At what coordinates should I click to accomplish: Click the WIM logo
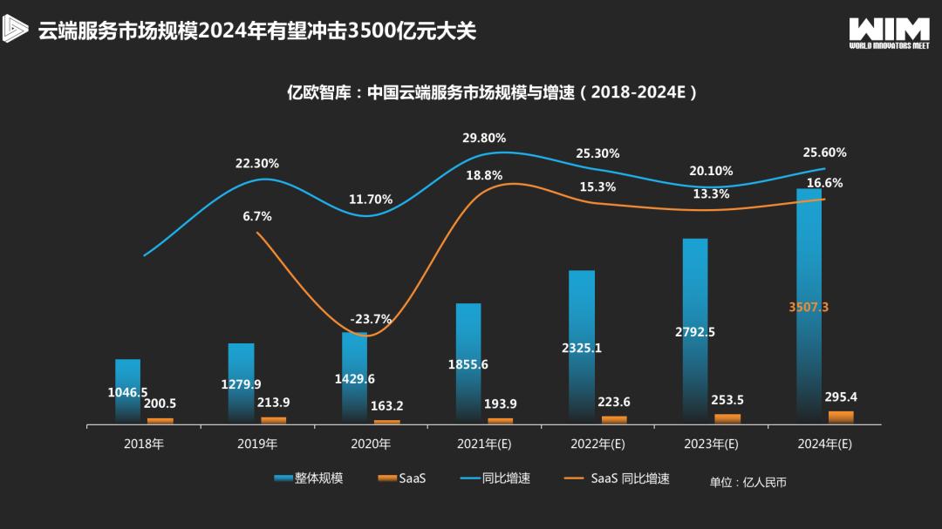(889, 31)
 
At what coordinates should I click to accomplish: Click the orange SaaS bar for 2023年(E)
(727, 418)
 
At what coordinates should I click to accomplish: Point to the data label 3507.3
(808, 307)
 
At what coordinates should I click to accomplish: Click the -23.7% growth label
(371, 319)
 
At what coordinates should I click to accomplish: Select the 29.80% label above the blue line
(484, 138)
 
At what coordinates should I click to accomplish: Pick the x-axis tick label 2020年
(371, 444)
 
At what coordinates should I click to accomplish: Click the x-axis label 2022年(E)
(597, 444)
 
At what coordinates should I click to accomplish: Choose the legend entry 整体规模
(309, 478)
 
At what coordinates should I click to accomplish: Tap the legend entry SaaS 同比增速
(619, 478)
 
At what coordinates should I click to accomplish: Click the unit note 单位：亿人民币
(747, 482)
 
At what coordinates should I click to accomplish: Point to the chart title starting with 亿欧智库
(493, 92)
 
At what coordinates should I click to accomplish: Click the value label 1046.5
(127, 392)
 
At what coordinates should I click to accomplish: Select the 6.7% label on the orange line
(257, 216)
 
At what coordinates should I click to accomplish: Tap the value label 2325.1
(582, 348)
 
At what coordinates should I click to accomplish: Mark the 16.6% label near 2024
(824, 183)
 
